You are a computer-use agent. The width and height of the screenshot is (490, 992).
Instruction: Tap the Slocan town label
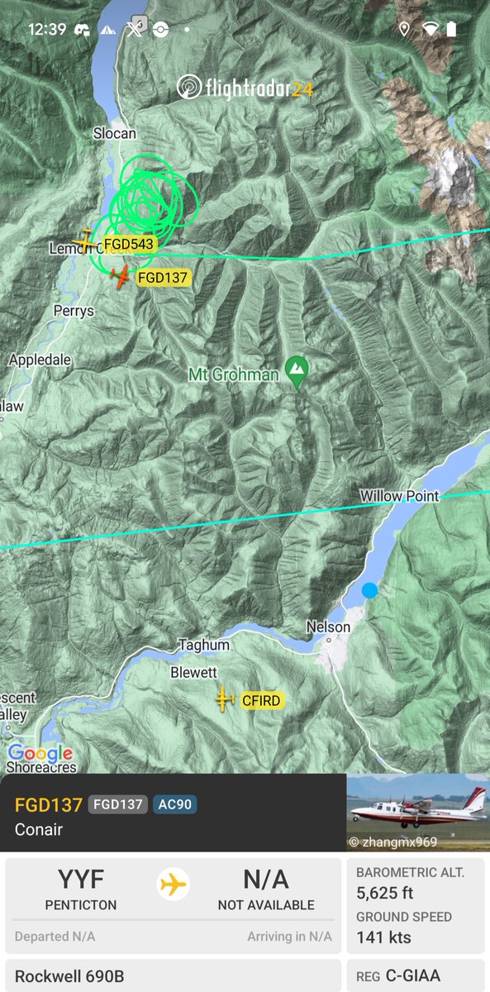click(114, 133)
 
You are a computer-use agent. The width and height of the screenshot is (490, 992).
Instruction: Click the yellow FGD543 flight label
click(129, 244)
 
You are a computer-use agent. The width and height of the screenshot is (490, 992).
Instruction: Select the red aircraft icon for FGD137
click(121, 277)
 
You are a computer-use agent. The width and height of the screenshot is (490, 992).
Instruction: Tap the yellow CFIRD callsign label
click(261, 701)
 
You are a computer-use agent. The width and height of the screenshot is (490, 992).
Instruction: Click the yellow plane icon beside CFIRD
click(224, 699)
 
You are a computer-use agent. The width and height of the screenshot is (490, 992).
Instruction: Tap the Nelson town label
click(328, 627)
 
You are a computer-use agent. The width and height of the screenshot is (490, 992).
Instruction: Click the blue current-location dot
click(369, 590)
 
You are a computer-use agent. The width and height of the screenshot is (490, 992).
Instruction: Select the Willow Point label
click(399, 496)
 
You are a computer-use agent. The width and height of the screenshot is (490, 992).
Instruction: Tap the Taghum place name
click(204, 645)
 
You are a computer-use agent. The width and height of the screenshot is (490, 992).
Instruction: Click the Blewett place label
click(193, 673)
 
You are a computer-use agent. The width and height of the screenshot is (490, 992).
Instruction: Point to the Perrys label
click(74, 312)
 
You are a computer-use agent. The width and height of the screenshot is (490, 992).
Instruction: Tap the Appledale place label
click(40, 360)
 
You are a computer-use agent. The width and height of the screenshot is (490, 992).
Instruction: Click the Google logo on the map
click(40, 753)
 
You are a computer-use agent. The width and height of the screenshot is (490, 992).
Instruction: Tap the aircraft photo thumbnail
click(417, 813)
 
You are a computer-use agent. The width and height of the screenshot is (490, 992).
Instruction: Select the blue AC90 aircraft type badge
click(174, 804)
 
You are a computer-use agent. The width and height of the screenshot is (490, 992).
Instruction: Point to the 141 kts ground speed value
click(383, 937)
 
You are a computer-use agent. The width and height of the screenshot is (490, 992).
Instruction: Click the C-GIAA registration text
click(413, 976)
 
